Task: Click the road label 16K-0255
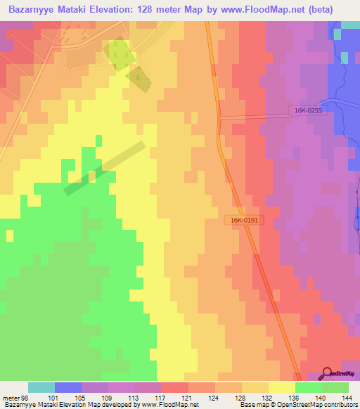click(x=307, y=110)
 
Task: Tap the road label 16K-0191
click(x=245, y=220)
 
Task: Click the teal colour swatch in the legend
click(x=41, y=387)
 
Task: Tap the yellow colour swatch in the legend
click(x=281, y=387)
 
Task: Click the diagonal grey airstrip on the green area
click(x=105, y=168)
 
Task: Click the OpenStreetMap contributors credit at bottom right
click(x=314, y=405)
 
